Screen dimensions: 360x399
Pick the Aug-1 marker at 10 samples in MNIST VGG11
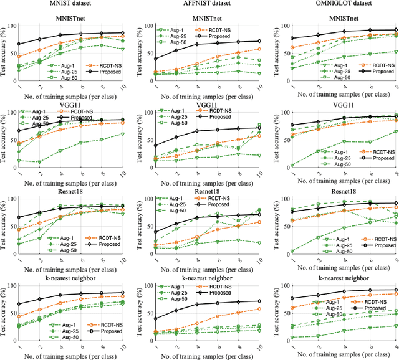coord(122,133)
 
